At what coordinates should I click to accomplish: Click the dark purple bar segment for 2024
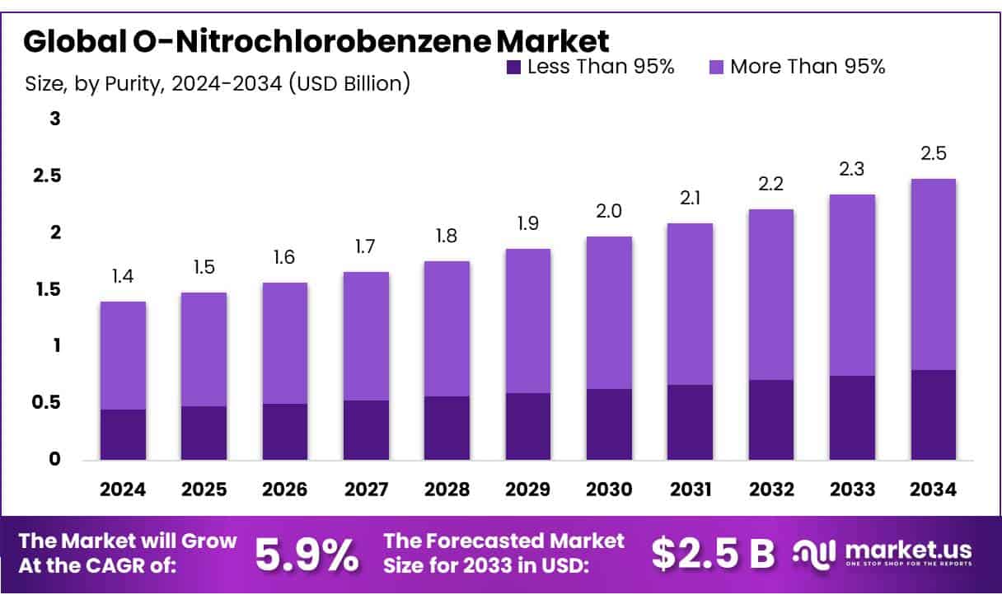pos(123,434)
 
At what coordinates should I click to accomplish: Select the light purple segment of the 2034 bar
pos(934,274)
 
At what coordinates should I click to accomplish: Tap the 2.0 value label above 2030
pos(609,211)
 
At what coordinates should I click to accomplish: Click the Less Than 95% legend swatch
pos(513,68)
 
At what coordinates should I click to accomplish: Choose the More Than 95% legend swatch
pos(715,68)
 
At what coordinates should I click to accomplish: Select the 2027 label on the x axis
pos(366,490)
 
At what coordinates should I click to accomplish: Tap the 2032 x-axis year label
pos(771,490)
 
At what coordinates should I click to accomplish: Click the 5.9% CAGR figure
pos(307,554)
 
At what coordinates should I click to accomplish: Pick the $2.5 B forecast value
pos(713,554)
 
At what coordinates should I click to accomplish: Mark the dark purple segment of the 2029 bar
pos(528,426)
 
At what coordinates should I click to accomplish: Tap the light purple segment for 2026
pos(285,343)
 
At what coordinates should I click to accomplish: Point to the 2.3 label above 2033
pos(853,169)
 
